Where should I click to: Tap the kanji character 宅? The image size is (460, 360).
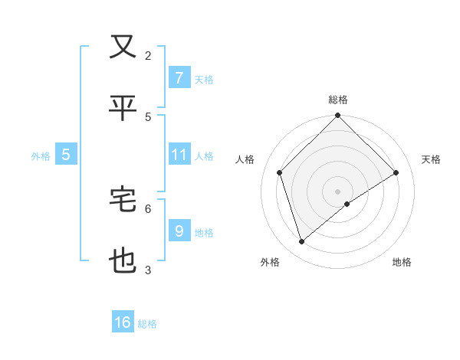pyautogui.click(x=123, y=200)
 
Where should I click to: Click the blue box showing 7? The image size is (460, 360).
pyautogui.click(x=179, y=77)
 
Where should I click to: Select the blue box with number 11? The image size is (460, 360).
pyautogui.click(x=179, y=155)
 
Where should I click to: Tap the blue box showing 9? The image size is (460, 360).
pyautogui.click(x=179, y=231)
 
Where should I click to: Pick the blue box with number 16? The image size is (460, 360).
pyautogui.click(x=123, y=322)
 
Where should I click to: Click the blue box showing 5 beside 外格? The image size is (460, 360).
pyautogui.click(x=66, y=155)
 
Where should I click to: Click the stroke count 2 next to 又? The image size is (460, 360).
pyautogui.click(x=148, y=55)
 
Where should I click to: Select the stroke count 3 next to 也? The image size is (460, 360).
pyautogui.click(x=148, y=270)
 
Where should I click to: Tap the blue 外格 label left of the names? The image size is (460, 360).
pyautogui.click(x=41, y=155)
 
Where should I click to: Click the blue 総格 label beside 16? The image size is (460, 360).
pyautogui.click(x=147, y=324)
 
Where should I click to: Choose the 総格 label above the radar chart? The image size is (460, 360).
pyautogui.click(x=338, y=100)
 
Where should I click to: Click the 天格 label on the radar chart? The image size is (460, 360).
pyautogui.click(x=432, y=159)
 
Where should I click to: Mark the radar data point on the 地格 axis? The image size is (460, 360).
pyautogui.click(x=347, y=204)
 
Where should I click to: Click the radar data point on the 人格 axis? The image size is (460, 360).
pyautogui.click(x=280, y=172)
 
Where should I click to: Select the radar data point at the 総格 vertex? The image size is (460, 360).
pyautogui.click(x=338, y=116)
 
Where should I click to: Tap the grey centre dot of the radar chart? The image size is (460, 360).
pyautogui.click(x=338, y=191)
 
